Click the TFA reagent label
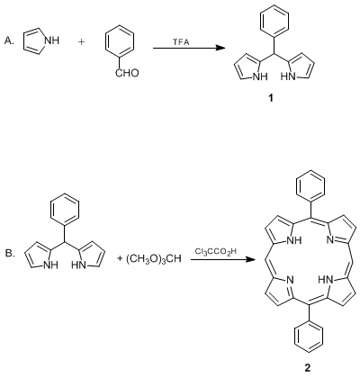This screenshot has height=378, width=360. coord(181,42)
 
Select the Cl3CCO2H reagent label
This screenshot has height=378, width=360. coord(215,251)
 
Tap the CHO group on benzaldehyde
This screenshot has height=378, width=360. coord(127,73)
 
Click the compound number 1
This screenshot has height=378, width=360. coord(271,98)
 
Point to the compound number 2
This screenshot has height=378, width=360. coord(308,368)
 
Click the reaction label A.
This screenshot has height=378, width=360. coord(9,41)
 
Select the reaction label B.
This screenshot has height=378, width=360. coord(10,254)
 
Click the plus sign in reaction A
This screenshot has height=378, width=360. coord(81,41)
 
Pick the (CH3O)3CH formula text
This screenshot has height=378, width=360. coord(149,258)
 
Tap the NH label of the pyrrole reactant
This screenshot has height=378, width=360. coord(52,40)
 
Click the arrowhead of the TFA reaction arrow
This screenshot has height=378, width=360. coord(220,48)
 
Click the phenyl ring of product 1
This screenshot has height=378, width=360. coord(274,21)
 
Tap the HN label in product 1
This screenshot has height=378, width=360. coord(288,76)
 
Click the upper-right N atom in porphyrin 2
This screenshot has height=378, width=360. coord(330,239)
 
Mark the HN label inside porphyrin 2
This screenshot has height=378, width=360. coord(326,280)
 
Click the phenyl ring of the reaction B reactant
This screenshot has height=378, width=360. coord(65,209)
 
